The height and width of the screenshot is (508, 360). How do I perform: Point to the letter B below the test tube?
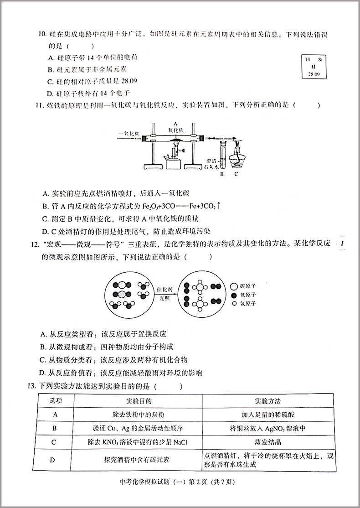coord(222,174)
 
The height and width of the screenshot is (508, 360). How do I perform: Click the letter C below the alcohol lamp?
coord(236,174)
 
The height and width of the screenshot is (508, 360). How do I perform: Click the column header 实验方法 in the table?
coord(268,401)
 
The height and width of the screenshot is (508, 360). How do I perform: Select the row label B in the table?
coord(54,428)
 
